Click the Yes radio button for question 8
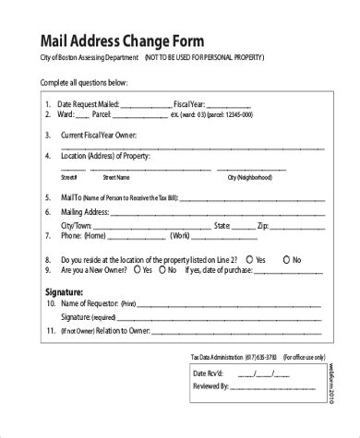[x=248, y=259]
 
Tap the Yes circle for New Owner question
[x=136, y=271]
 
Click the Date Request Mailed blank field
[x=141, y=104]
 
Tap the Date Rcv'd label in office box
[x=208, y=373]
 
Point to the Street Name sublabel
[x=115, y=176]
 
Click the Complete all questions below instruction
[x=84, y=83]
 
